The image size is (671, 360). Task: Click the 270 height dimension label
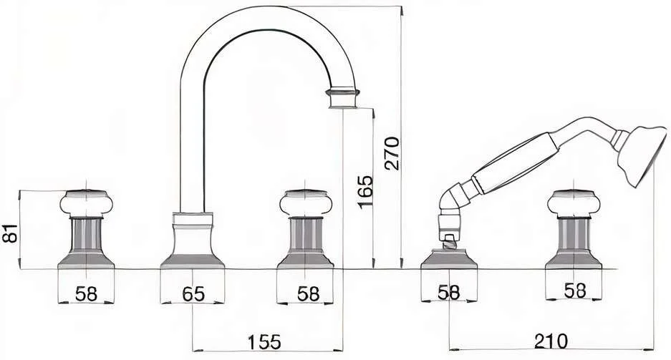click(392, 153)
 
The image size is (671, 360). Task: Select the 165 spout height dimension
click(365, 191)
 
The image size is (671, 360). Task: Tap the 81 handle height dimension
click(10, 233)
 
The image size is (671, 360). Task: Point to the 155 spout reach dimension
click(264, 342)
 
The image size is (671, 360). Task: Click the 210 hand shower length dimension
click(551, 341)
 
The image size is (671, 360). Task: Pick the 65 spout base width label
click(193, 293)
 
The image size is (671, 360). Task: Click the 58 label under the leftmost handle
click(87, 293)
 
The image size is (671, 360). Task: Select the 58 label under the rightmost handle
click(575, 291)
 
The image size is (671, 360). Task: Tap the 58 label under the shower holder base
click(449, 293)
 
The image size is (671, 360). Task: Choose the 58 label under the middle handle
click(309, 293)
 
